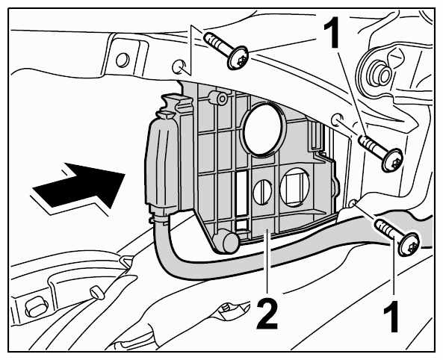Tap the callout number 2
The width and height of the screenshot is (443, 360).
pyautogui.click(x=267, y=314)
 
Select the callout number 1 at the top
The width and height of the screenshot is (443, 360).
pyautogui.click(x=333, y=32)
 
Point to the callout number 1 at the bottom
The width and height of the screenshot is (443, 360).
pyautogui.click(x=392, y=317)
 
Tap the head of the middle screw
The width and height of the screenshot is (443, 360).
pyautogui.click(x=392, y=160)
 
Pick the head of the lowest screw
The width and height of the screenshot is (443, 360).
pyautogui.click(x=409, y=243)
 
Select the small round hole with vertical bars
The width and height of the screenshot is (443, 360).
pyautogui.click(x=262, y=192)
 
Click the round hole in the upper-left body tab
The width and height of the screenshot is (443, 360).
pyautogui.click(x=123, y=60)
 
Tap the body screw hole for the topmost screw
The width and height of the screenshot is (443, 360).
pyautogui.click(x=179, y=66)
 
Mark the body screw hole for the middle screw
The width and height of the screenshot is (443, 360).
pyautogui.click(x=338, y=120)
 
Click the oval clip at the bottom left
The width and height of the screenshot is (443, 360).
pyautogui.click(x=36, y=309)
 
